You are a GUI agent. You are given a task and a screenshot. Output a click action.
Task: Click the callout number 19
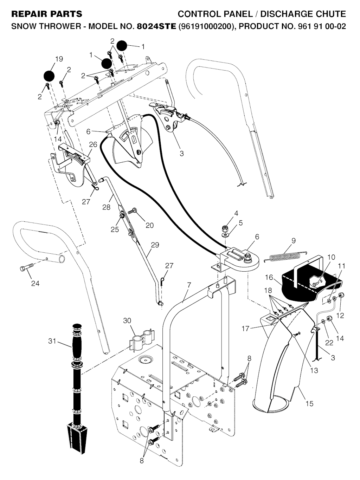tap(59, 59)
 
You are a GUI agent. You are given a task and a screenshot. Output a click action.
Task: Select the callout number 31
tap(52, 340)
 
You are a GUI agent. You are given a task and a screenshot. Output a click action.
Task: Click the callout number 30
tap(127, 320)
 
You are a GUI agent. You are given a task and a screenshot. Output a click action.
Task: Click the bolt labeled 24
tap(27, 270)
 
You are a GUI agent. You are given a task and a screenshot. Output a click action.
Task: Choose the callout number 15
tap(309, 403)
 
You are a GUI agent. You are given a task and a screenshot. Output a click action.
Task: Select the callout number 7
tap(189, 285)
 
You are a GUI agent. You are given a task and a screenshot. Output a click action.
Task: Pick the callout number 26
tap(93, 144)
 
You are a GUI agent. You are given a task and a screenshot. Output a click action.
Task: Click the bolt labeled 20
tap(132, 212)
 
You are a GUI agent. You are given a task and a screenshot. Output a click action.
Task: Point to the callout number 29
tap(155, 245)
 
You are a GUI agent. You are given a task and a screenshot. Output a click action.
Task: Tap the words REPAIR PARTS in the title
tap(47, 14)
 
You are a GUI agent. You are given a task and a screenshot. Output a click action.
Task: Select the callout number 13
tap(314, 370)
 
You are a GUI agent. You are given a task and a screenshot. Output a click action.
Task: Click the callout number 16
tap(269, 278)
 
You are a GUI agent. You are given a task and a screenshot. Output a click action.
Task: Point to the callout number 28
tap(106, 207)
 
